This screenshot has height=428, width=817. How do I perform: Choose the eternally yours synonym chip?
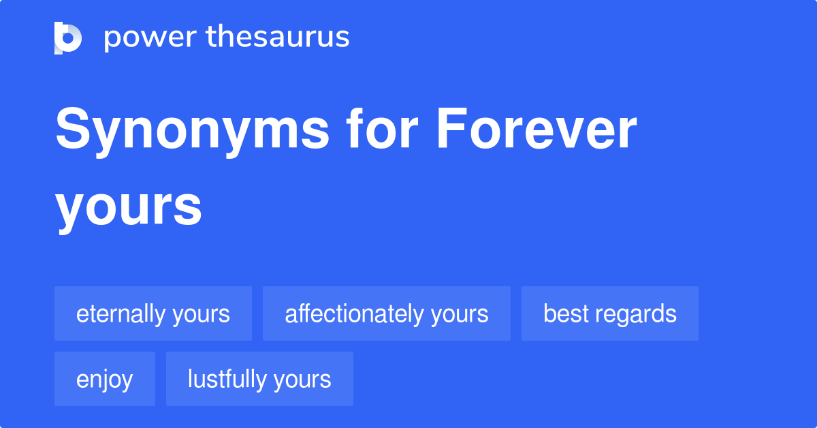153,314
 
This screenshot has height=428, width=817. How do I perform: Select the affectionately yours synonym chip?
387,314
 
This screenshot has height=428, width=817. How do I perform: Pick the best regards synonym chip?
610,314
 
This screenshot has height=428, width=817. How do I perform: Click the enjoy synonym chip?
105,379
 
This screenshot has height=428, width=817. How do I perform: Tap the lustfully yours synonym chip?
259,379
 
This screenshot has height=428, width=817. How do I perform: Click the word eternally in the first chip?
121,314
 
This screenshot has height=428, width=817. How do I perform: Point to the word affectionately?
354,314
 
